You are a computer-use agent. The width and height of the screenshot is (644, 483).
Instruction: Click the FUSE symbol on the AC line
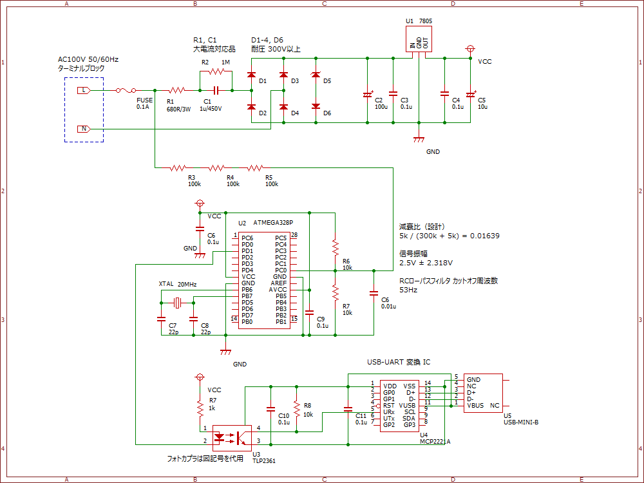(126, 91)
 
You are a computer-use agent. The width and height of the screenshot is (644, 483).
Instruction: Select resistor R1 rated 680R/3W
(177, 91)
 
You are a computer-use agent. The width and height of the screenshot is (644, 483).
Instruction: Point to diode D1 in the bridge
(251, 75)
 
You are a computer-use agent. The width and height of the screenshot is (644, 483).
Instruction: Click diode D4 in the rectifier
(283, 107)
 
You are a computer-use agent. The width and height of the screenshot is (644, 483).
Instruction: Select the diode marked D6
(316, 107)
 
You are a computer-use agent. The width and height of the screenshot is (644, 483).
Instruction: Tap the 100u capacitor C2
(367, 95)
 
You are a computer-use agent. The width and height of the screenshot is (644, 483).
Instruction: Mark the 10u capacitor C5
(470, 95)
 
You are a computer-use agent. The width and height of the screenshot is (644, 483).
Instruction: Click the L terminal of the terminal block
(84, 91)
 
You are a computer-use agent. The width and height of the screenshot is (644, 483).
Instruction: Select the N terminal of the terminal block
(84, 129)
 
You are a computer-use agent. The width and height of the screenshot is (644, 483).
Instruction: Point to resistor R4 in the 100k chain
(219, 168)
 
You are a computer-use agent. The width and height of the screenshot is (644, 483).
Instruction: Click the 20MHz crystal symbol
(176, 303)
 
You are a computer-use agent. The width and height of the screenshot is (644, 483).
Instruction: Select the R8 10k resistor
(296, 409)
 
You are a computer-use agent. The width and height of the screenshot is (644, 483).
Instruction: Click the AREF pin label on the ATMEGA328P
(279, 283)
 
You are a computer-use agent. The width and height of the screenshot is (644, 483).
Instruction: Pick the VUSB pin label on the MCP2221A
(407, 405)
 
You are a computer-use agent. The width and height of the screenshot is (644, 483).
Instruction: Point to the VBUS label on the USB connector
(475, 406)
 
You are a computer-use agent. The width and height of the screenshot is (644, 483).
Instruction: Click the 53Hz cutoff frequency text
(408, 290)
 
